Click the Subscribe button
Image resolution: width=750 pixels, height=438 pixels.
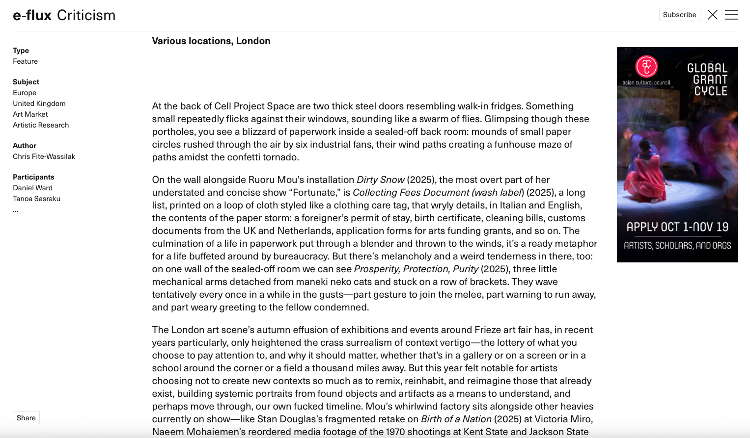pos(679,15)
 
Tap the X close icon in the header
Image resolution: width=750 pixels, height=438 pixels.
pos(712,15)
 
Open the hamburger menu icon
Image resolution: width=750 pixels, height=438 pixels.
pos(731,15)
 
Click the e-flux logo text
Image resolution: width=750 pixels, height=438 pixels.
pos(32,15)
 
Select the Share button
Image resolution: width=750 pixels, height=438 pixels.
pos(26,418)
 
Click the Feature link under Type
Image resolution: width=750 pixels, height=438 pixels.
pos(25,61)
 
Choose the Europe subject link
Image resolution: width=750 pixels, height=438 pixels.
pos(25,93)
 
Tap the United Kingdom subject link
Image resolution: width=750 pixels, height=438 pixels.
pos(39,103)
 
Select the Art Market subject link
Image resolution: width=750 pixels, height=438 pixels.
pos(30,114)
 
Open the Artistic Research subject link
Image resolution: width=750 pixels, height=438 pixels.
pos(41,125)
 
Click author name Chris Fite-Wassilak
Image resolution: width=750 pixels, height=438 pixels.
pos(44,156)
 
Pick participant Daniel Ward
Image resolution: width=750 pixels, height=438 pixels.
pos(32,188)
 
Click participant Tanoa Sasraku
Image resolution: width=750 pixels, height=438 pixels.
pos(36,199)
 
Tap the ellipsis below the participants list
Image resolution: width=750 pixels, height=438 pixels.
pos(16,210)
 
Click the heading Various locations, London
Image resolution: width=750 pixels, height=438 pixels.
pos(211,41)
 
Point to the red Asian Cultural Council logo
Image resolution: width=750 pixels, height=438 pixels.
pos(646,66)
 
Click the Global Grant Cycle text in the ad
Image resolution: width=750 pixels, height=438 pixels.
pos(708,79)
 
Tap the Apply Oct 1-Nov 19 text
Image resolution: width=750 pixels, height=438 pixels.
pos(677,227)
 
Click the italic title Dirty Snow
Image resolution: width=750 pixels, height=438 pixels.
pos(381,180)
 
